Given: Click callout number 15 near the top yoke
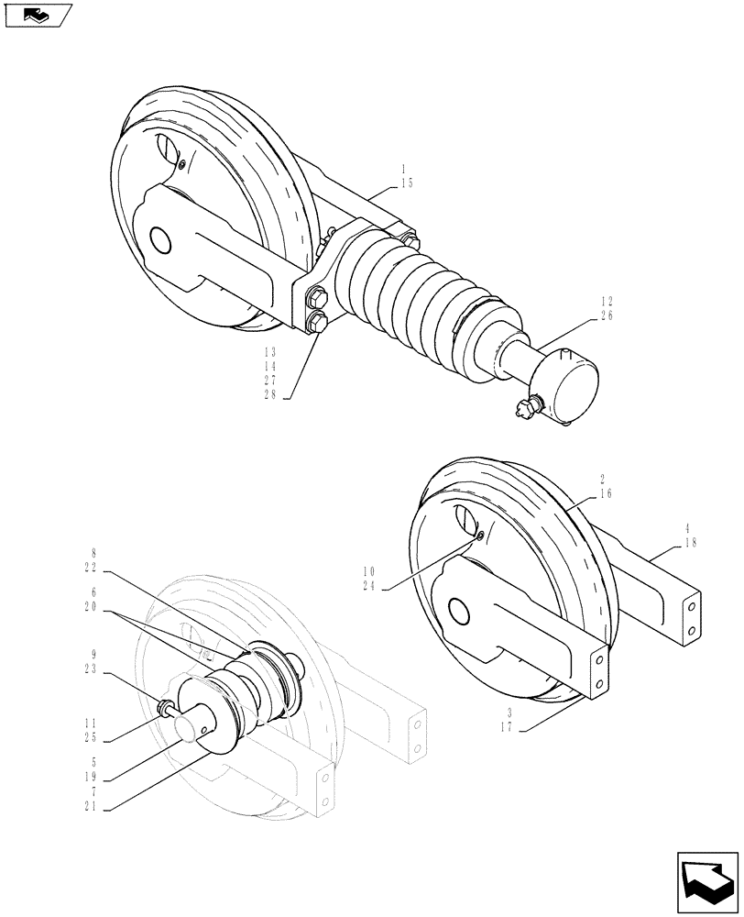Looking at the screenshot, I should pos(407,183).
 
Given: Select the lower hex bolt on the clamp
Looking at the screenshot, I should pos(318,322).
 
